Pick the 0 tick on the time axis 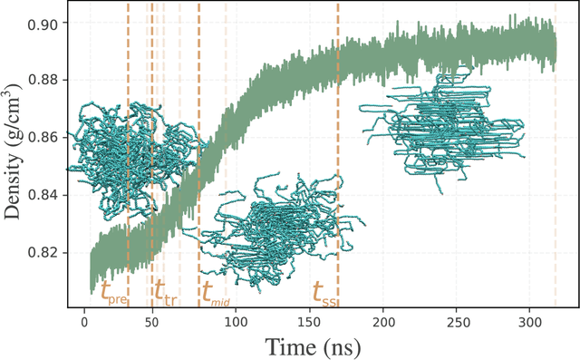(84, 320)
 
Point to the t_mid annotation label (217, 292)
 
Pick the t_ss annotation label (324, 292)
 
